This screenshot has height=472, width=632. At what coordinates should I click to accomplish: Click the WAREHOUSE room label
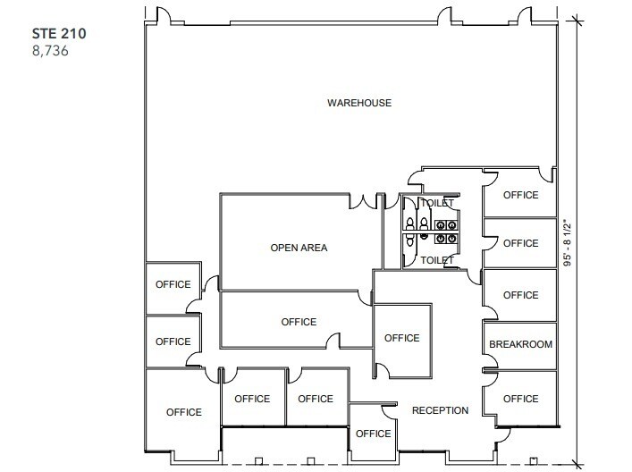(x=358, y=103)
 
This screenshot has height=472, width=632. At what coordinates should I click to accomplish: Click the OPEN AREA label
(x=299, y=248)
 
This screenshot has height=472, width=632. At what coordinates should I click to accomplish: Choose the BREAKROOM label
(x=520, y=344)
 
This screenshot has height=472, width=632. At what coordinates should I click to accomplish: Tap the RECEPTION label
(x=440, y=410)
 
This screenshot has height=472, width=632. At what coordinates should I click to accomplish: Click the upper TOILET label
(x=438, y=203)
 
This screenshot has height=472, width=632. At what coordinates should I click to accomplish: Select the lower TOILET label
(x=438, y=260)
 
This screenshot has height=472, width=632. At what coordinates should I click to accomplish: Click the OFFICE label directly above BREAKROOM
(x=520, y=295)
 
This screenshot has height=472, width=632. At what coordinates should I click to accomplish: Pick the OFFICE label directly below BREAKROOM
(x=520, y=399)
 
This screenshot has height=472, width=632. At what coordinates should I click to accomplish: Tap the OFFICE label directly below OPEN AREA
(x=299, y=322)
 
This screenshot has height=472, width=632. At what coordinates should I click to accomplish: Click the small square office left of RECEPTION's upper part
(x=401, y=338)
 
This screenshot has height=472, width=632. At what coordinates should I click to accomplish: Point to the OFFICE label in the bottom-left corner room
(x=183, y=412)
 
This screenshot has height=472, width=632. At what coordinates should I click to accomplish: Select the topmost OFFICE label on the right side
(x=520, y=195)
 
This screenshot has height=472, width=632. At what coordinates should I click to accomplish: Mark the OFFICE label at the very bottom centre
(x=373, y=434)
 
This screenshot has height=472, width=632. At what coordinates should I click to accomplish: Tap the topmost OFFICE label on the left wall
(x=173, y=284)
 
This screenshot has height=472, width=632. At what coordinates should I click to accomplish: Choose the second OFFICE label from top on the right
(x=520, y=243)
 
